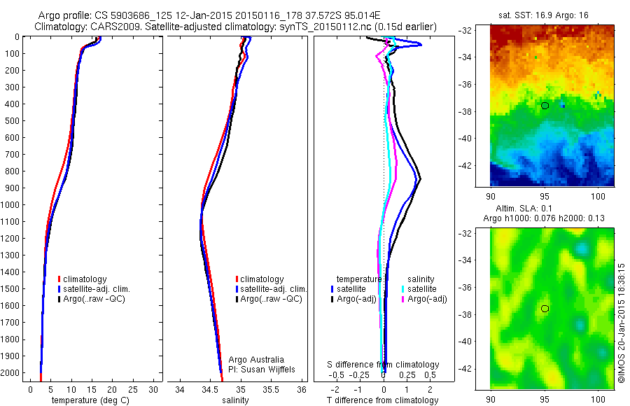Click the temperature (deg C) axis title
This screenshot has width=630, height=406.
[89, 400]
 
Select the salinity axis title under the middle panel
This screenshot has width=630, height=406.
[235, 400]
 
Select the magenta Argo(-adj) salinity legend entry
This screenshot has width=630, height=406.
[426, 299]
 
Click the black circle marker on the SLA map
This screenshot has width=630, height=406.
[545, 309]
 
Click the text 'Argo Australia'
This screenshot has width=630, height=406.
[256, 359]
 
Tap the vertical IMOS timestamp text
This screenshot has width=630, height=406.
[622, 323]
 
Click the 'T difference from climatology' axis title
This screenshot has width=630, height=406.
[382, 400]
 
